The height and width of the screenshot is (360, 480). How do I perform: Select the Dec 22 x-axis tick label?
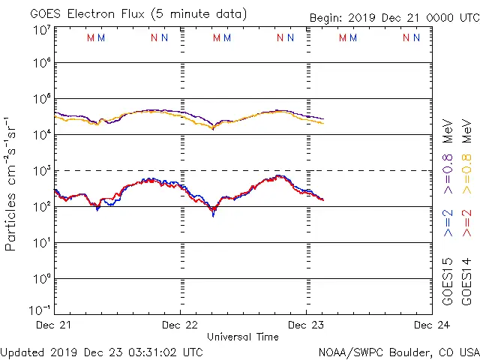coord(180,325)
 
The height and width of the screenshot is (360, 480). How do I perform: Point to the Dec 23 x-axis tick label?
coord(306,325)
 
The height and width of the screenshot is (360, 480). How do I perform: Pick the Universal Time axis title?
coord(243,337)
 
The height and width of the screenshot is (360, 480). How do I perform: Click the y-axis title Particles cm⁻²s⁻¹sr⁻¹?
coord(11,183)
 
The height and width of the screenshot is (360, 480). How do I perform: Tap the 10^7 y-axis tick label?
coord(41,30)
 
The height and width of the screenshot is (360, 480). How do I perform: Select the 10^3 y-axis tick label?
coord(41,171)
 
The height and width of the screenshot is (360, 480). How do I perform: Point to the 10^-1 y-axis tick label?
coord(41,309)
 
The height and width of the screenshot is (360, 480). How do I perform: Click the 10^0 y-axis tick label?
coord(41,279)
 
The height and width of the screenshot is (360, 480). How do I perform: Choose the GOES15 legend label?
coord(448,282)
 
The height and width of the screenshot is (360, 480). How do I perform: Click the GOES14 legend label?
coord(466,282)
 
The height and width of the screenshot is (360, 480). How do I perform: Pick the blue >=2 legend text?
coord(448,223)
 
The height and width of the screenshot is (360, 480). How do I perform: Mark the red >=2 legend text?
coord(466,223)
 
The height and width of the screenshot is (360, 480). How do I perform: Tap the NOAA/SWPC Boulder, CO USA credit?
coord(398,351)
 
